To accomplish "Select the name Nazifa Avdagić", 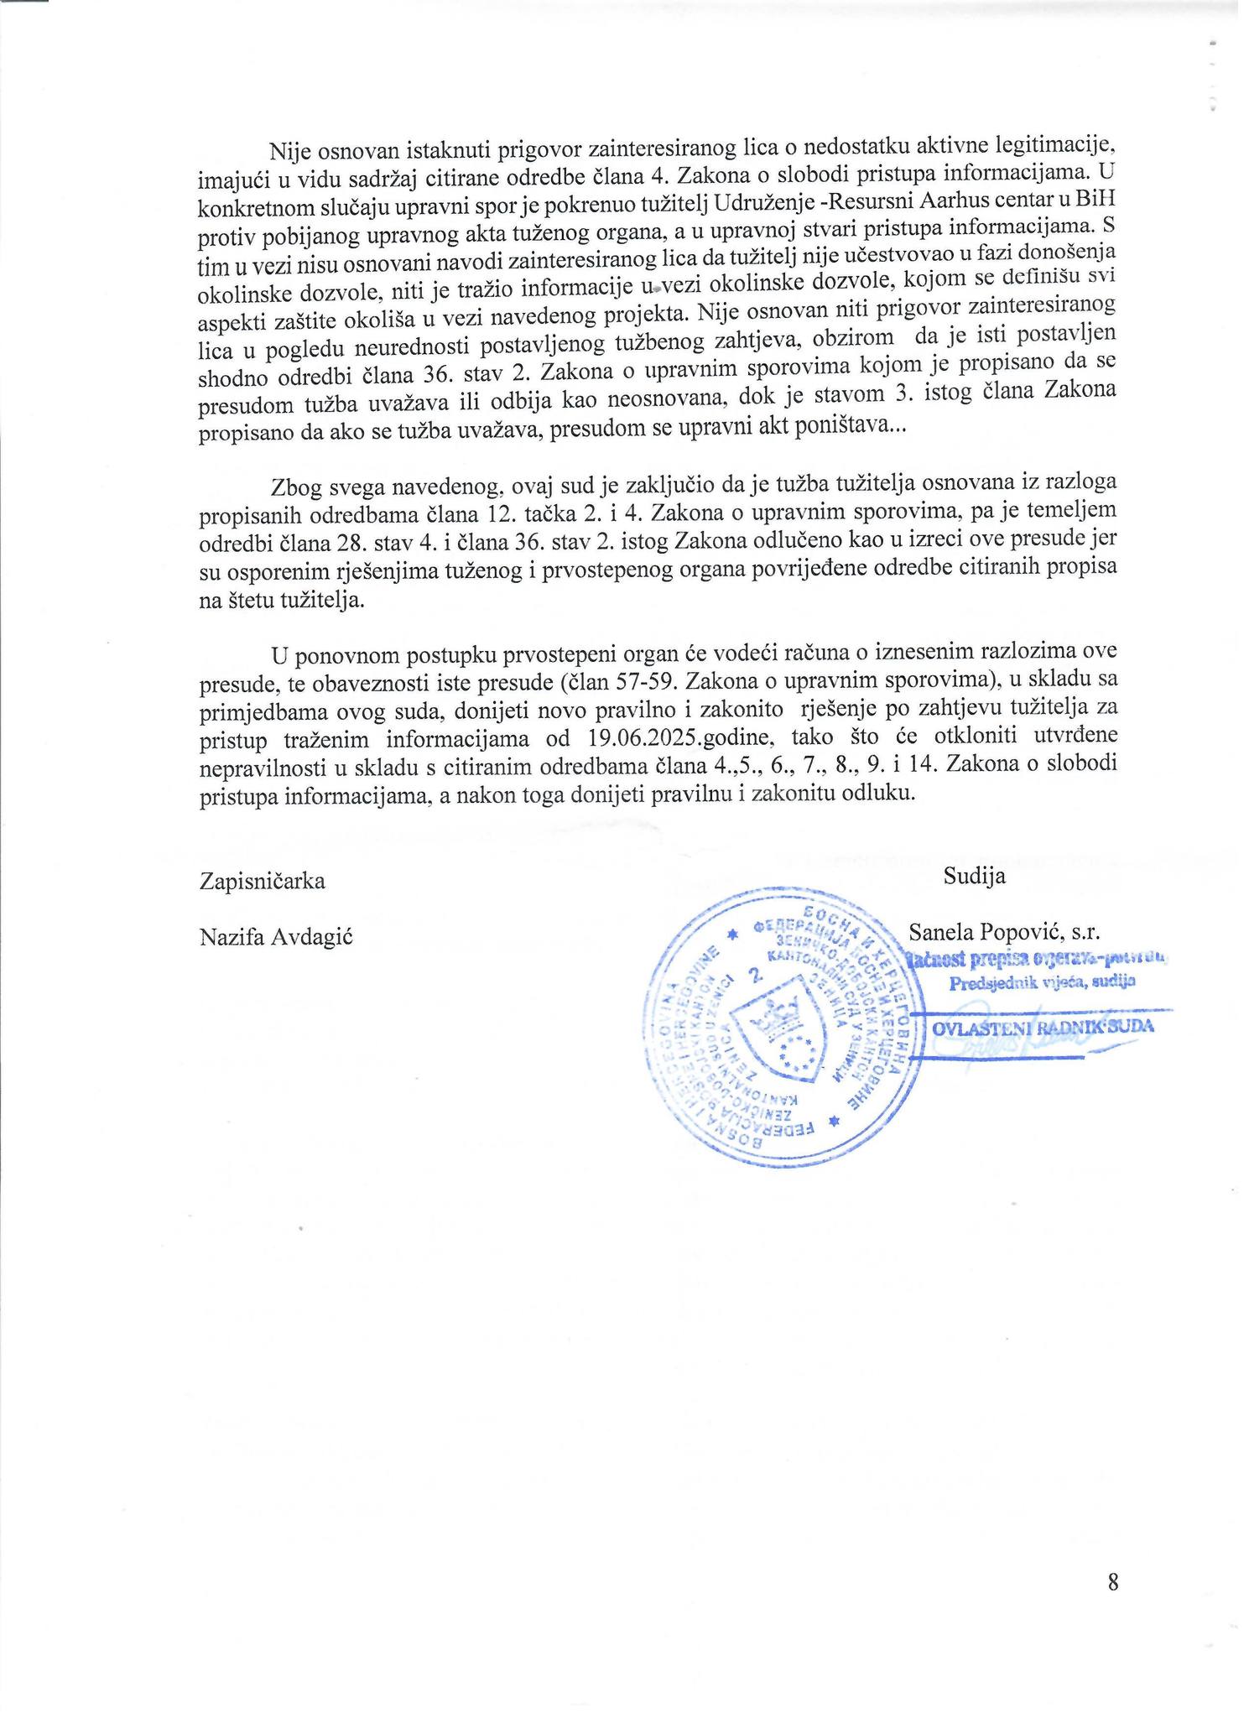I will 276,937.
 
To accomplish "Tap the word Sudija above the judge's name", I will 974,877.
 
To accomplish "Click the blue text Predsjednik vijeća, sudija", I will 1042,985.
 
